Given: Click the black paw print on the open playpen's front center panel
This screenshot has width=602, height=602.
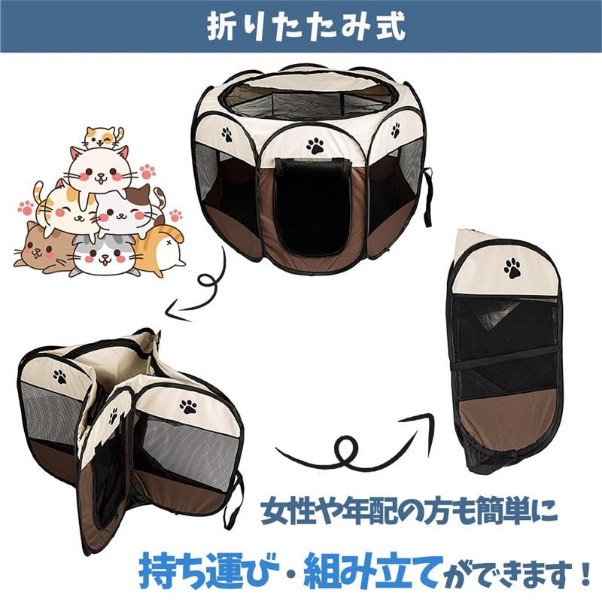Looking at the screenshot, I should [315, 145].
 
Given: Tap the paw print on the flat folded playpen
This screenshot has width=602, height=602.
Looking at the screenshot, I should [512, 268].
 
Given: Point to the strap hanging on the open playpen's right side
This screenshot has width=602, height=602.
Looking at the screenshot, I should [429, 197].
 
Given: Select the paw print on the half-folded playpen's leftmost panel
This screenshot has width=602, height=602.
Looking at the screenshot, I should [59, 376].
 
